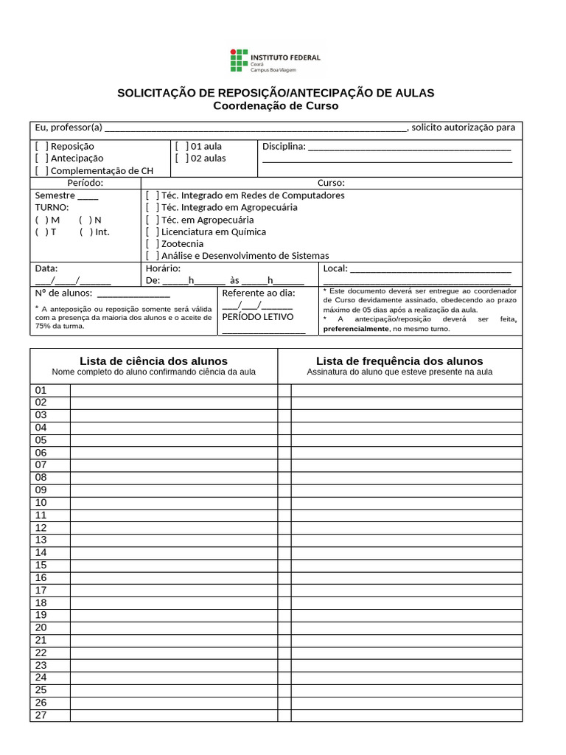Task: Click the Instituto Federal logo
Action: point(276,62)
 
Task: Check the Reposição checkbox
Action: point(42,146)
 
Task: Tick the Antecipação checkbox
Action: point(42,158)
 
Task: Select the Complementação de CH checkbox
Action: point(42,170)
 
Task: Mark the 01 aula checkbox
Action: point(181,146)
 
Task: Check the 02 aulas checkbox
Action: point(181,158)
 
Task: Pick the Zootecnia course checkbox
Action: point(152,243)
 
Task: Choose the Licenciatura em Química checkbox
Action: point(152,232)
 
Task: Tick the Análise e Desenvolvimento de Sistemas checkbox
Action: point(152,255)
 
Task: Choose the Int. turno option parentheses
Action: point(86,232)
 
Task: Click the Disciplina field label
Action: point(284,146)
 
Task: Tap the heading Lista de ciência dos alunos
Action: point(153,361)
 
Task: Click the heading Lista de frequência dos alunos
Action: point(399,361)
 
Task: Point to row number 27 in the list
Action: point(41,714)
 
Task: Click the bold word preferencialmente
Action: point(355,329)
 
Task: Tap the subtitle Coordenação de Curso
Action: point(276,106)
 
